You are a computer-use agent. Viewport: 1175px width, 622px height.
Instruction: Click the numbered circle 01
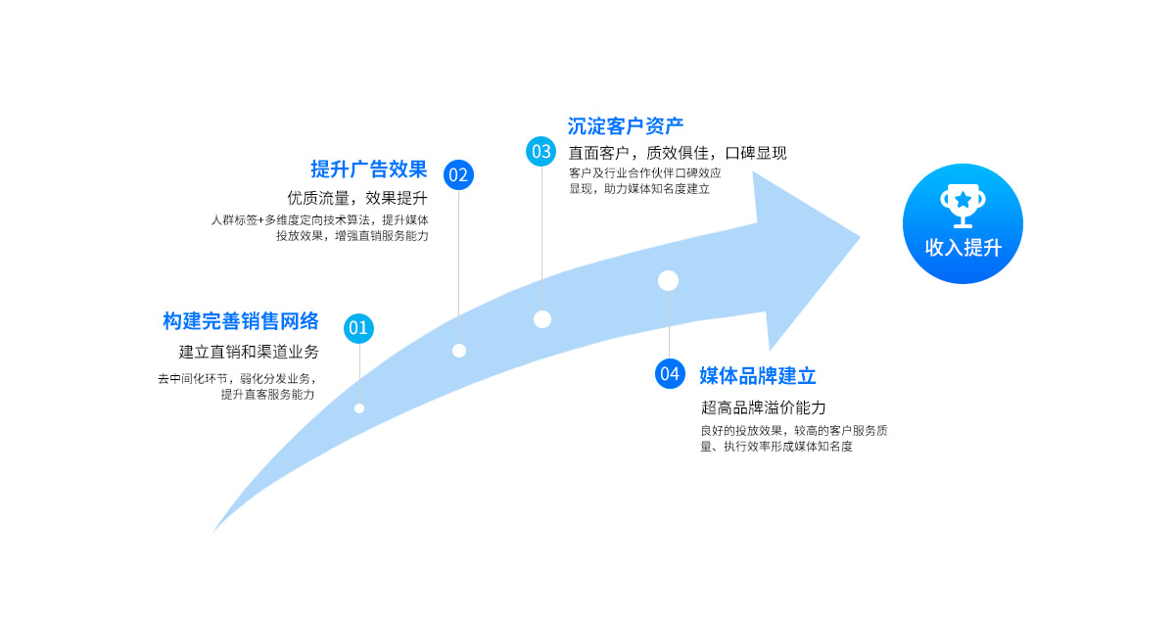pyautogui.click(x=358, y=328)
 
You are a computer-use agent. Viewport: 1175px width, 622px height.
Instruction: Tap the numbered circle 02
pyautogui.click(x=458, y=174)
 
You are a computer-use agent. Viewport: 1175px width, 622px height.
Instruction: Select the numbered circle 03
pyautogui.click(x=541, y=151)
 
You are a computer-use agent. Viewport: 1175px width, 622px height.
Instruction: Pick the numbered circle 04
pyautogui.click(x=670, y=373)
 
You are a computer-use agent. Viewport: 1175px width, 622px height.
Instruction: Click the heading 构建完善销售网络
pyautogui.click(x=241, y=321)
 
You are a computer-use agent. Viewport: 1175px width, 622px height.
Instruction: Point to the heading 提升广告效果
pyautogui.click(x=369, y=168)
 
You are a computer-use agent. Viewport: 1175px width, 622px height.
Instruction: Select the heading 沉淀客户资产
pyautogui.click(x=626, y=126)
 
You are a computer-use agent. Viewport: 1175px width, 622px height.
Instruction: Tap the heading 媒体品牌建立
pyautogui.click(x=758, y=376)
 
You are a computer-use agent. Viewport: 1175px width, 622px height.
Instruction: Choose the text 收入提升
pyautogui.click(x=963, y=248)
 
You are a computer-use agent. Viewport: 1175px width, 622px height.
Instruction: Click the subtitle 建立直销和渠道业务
pyautogui.click(x=249, y=352)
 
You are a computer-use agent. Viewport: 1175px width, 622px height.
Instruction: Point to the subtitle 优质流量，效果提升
pyautogui.click(x=357, y=199)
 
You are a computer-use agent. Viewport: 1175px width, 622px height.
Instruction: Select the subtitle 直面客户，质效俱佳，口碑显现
pyautogui.click(x=678, y=153)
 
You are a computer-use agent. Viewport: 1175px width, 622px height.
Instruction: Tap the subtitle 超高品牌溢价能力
pyautogui.click(x=764, y=407)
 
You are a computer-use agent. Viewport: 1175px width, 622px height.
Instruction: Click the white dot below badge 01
pyautogui.click(x=359, y=408)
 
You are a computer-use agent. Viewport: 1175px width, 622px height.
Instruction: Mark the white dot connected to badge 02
pyautogui.click(x=459, y=351)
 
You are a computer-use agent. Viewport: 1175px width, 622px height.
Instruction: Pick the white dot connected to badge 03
pyautogui.click(x=542, y=319)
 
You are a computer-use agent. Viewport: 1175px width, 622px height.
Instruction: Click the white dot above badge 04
pyautogui.click(x=669, y=281)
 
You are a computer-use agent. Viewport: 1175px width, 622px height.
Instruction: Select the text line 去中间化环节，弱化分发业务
pyautogui.click(x=237, y=378)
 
